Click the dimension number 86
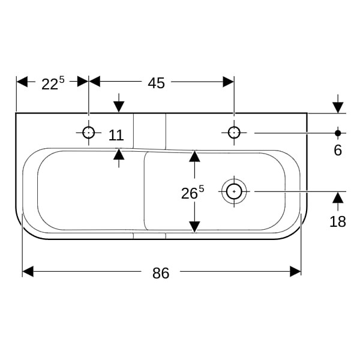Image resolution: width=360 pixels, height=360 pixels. tap(161, 273)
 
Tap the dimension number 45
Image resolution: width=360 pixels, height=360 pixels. tap(156, 83)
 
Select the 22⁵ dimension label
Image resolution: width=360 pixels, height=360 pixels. tap(53, 83)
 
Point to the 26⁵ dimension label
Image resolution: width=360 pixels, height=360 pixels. tap(193, 193)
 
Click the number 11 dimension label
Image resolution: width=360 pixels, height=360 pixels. tap(116, 135)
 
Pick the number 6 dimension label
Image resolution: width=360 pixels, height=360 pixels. tap(338, 151)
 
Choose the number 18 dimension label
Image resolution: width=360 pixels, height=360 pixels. tap(337, 222)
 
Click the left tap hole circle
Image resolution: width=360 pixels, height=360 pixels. tap(89, 133)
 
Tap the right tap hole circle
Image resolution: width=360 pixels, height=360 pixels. tap(234, 133)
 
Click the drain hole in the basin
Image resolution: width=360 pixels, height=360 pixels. tap(234, 191)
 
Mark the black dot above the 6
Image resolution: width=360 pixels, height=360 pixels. tap(338, 133)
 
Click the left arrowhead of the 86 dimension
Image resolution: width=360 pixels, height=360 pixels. tap(28, 271)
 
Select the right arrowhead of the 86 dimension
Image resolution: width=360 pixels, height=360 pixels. tap(295, 271)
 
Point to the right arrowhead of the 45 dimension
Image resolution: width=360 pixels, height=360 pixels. tap(229, 82)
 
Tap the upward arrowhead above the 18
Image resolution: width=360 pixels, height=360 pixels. tap(338, 197)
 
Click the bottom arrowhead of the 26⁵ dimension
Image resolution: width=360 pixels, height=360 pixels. tap(194, 227)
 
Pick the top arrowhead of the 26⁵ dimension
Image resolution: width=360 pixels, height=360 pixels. tap(194, 156)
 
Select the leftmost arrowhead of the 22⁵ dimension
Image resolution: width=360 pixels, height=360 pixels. tap(22, 82)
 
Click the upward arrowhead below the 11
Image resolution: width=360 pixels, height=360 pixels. tap(119, 154)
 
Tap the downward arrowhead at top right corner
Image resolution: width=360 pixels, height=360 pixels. tap(338, 107)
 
